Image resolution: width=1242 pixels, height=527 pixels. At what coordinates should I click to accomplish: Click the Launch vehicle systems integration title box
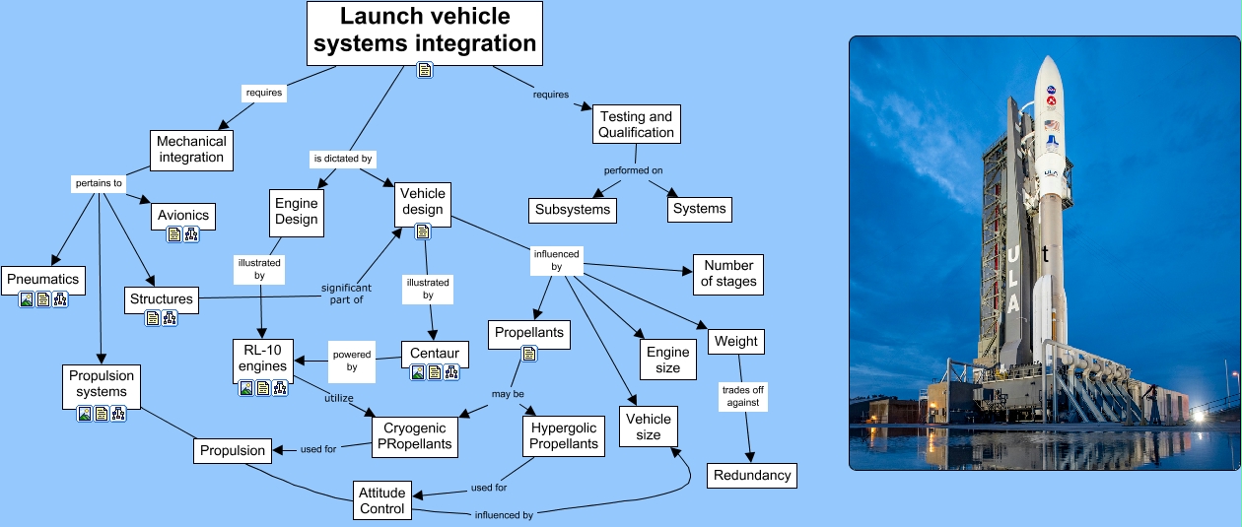tap(425, 31)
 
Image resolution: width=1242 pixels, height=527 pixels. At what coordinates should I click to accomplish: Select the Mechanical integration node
tap(191, 149)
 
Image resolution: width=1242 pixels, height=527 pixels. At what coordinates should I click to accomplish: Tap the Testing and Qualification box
tap(637, 124)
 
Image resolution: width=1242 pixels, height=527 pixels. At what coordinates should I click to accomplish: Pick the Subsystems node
tap(573, 209)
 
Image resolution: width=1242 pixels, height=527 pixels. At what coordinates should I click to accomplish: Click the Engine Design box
tap(296, 211)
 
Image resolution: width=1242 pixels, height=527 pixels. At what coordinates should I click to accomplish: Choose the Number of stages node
tap(728, 273)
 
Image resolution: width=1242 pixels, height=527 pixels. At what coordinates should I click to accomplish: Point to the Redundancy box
tap(752, 475)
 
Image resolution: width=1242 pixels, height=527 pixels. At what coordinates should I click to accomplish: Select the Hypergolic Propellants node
tap(564, 435)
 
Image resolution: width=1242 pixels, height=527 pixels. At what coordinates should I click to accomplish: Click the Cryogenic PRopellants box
tap(415, 435)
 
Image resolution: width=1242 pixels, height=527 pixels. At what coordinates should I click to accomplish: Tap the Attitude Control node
tap(382, 500)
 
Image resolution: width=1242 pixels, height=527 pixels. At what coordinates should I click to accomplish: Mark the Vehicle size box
tap(649, 427)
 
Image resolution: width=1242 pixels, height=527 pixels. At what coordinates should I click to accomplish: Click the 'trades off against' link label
tap(742, 396)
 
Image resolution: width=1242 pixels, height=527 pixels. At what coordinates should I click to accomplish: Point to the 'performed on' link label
tap(634, 170)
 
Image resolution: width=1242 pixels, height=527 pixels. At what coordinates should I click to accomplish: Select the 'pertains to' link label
tap(99, 183)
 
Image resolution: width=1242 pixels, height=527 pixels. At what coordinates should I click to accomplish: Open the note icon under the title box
tap(425, 70)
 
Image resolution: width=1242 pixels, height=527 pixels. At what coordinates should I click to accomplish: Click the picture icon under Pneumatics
tap(27, 299)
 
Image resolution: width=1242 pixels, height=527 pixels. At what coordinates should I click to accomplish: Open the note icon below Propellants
tap(528, 354)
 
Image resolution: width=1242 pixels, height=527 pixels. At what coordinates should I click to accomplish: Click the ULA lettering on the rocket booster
tap(1012, 282)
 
